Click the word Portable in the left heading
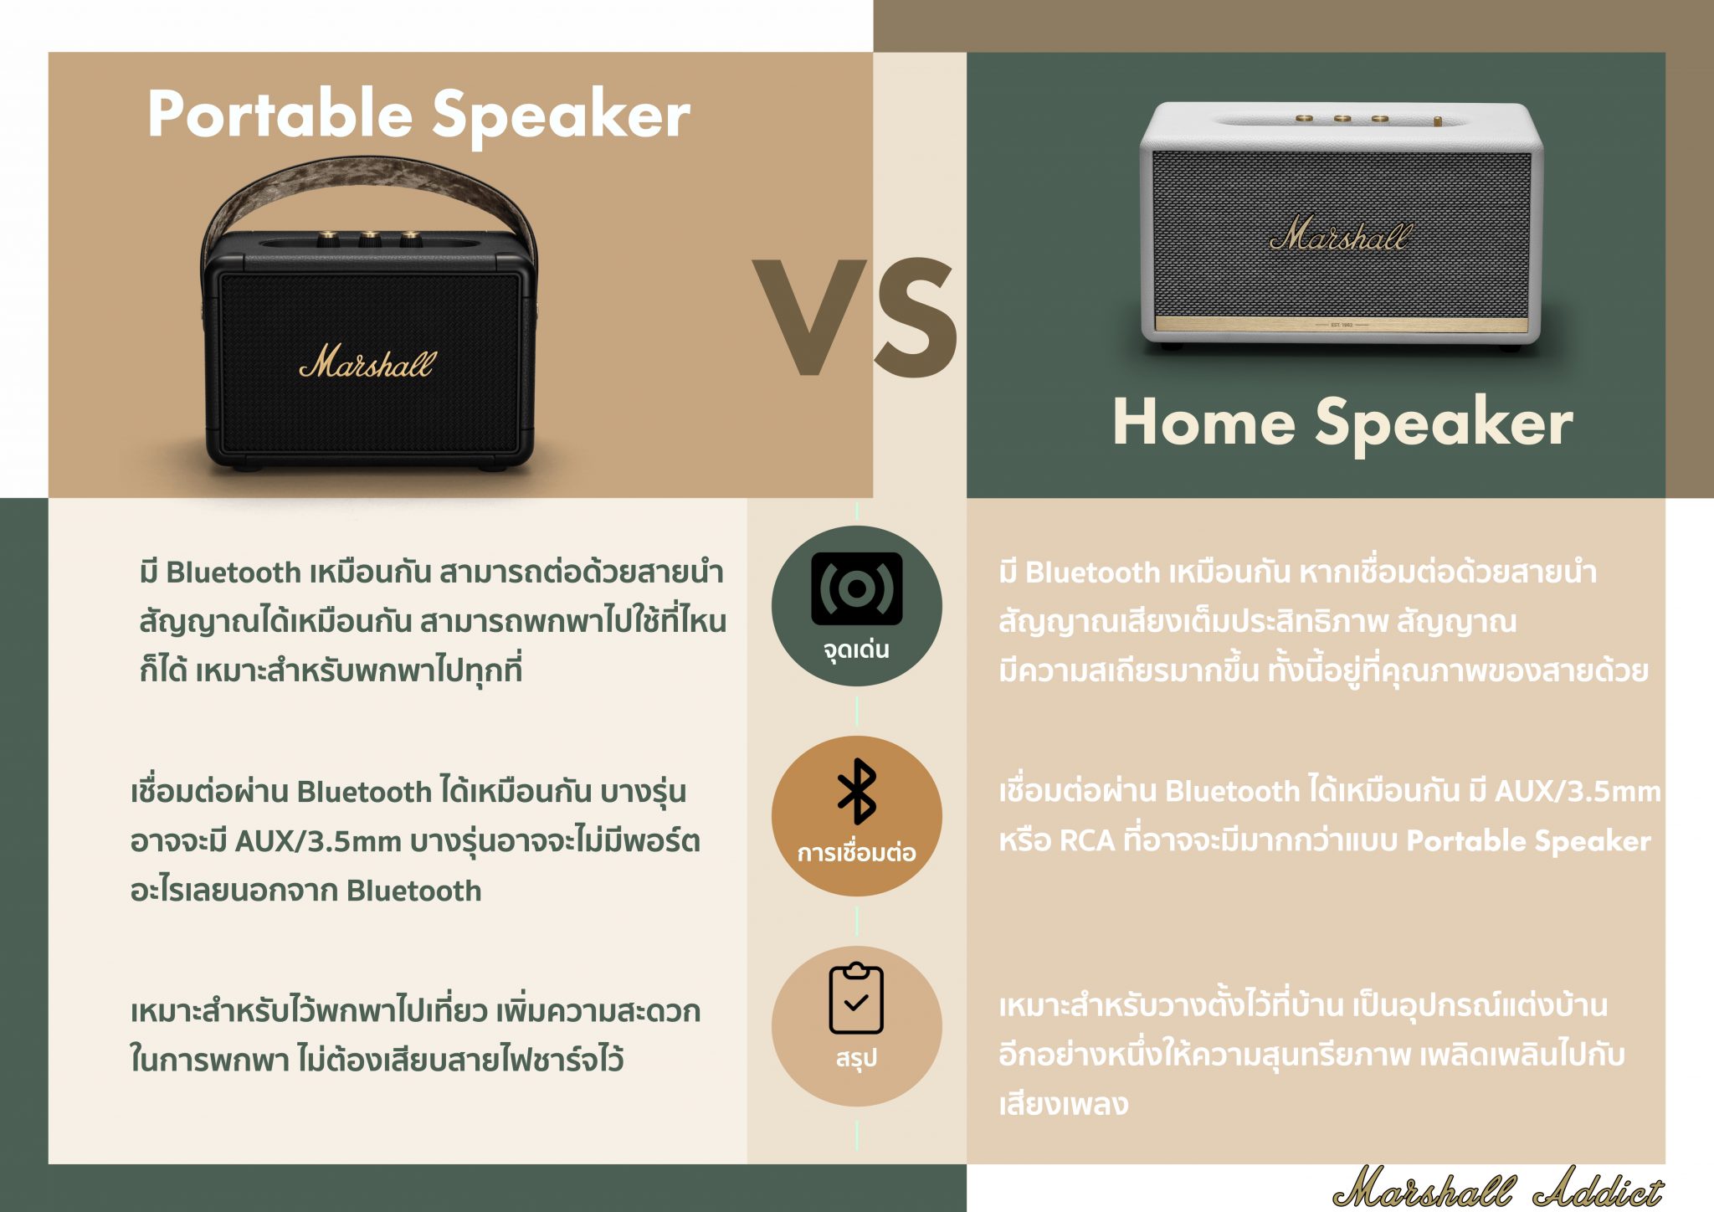click(280, 115)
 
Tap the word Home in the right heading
click(1203, 422)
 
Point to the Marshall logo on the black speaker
click(367, 361)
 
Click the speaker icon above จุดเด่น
click(856, 588)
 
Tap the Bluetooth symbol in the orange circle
click(856, 792)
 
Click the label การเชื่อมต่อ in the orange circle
click(856, 853)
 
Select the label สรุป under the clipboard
click(856, 1058)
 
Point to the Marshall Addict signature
click(1498, 1187)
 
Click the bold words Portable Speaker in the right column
click(1528, 841)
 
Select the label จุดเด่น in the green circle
click(856, 650)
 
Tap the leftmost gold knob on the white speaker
click(1304, 120)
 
